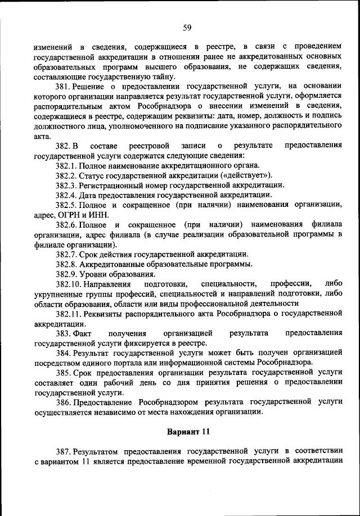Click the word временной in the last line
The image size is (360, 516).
click(x=229, y=461)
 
